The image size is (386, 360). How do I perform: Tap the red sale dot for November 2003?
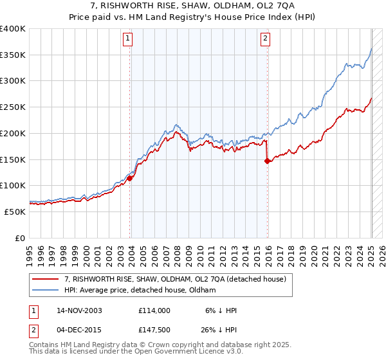coord(130,178)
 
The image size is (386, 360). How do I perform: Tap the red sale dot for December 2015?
coord(267,161)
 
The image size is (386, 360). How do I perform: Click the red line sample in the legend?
coord(46,279)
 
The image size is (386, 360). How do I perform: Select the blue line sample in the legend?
coord(46,290)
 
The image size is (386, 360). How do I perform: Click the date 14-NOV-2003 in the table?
coord(79,310)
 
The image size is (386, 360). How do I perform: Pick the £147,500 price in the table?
coord(154,332)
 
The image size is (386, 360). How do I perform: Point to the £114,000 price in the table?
coord(154,310)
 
